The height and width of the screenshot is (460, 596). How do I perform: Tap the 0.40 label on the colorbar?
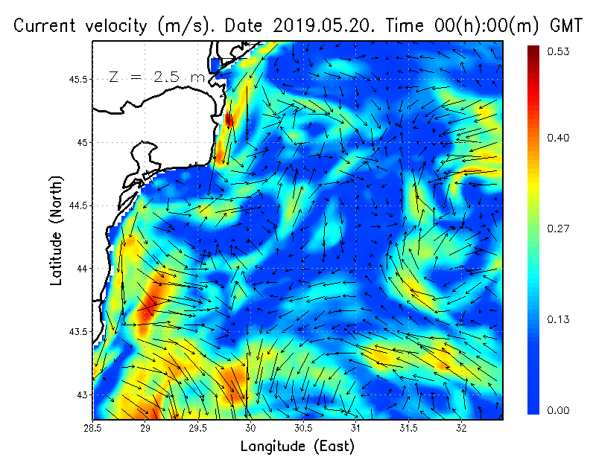point(559,138)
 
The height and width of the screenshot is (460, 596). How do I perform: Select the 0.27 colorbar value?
point(559,229)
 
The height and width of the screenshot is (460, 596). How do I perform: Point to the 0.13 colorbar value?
point(559,319)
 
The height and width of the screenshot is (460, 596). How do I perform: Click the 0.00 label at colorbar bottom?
point(559,410)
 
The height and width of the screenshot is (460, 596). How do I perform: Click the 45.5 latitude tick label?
point(77,79)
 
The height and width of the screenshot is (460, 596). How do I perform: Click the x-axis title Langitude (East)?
point(297,447)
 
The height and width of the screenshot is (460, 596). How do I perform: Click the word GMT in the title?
point(565,26)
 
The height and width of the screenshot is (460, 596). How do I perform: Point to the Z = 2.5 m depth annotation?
point(156,77)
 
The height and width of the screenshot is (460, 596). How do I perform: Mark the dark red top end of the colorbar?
point(533,49)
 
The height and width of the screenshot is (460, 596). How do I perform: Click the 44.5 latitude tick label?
point(77,205)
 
